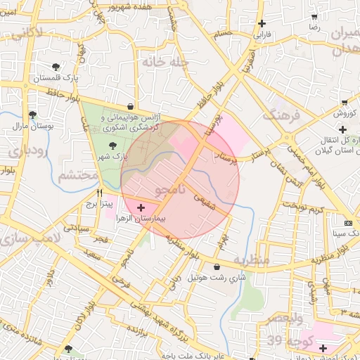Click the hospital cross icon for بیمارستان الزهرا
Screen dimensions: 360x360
[x=142, y=207]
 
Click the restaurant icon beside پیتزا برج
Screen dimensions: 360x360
[x=99, y=192]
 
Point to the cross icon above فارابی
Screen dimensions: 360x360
[x=262, y=22]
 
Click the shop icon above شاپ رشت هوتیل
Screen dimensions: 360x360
[x=216, y=266]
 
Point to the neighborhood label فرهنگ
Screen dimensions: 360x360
[x=281, y=115]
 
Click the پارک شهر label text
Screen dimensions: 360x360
[x=135, y=157]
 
